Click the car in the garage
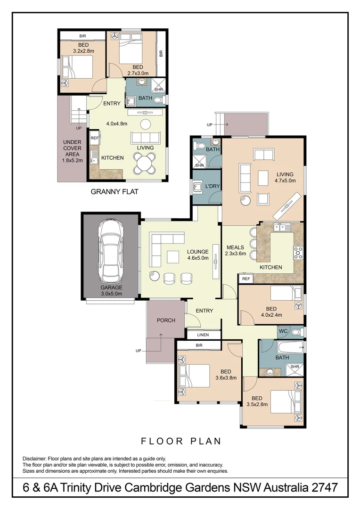click(x=111, y=251)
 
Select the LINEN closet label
click(x=203, y=335)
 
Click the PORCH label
click(x=166, y=320)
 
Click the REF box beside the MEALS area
click(x=245, y=279)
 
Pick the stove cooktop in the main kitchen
click(x=298, y=254)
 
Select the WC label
click(x=284, y=332)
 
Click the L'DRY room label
click(x=213, y=187)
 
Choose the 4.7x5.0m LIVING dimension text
click(x=285, y=180)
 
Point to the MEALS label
click(x=235, y=247)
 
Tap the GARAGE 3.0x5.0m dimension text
click(x=111, y=294)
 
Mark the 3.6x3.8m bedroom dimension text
click(x=226, y=378)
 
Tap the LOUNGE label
click(x=197, y=252)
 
